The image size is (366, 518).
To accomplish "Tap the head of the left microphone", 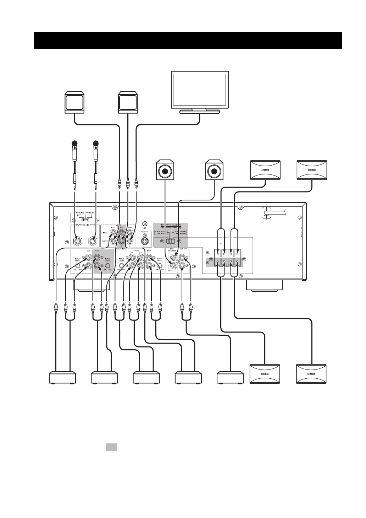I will [74, 144].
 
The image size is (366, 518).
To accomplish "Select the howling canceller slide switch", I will [84, 220].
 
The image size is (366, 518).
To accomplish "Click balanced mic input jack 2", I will [93, 242].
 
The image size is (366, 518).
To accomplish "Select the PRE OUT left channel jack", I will [183, 255].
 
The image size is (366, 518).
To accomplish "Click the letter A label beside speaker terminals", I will [208, 253].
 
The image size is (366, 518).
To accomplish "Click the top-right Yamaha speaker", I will [312, 170].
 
